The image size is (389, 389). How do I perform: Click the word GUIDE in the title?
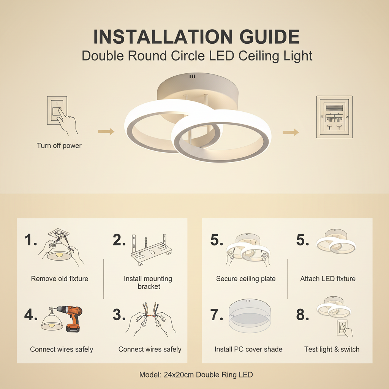pyautogui.click(x=269, y=37)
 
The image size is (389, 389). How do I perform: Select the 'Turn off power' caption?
pyautogui.click(x=59, y=145)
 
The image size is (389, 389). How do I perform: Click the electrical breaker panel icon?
pyautogui.click(x=334, y=117)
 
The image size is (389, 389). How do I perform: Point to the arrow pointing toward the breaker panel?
pyautogui.click(x=291, y=132)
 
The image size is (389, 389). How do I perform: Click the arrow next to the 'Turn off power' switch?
pyautogui.click(x=106, y=131)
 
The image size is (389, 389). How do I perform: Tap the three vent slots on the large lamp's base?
pyautogui.click(x=192, y=76)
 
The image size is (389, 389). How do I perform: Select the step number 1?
pyautogui.click(x=30, y=240)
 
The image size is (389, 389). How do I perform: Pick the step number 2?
pyautogui.click(x=119, y=240)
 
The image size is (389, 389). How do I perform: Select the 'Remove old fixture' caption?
pyautogui.click(x=60, y=278)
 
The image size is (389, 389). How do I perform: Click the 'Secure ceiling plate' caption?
pyautogui.click(x=246, y=278)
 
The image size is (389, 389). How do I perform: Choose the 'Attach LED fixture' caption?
pyautogui.click(x=328, y=278)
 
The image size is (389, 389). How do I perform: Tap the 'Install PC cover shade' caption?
pyautogui.click(x=248, y=349)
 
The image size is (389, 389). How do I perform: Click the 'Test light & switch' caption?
pyautogui.click(x=332, y=349)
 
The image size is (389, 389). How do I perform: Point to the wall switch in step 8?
pyautogui.click(x=343, y=327)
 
